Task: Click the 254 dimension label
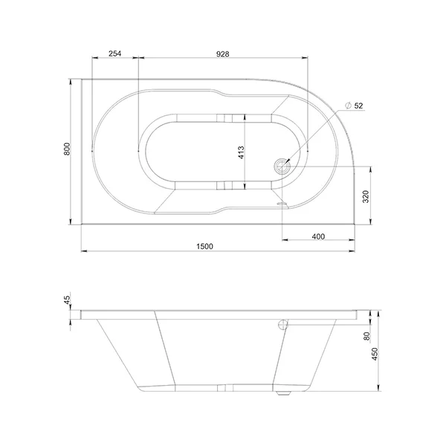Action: click(x=115, y=54)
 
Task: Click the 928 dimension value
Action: click(x=222, y=54)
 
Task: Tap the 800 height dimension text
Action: click(x=67, y=149)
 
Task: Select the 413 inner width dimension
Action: click(x=241, y=152)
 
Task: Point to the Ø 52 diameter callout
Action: click(x=354, y=106)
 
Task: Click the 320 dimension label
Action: click(x=366, y=196)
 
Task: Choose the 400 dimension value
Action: click(x=318, y=236)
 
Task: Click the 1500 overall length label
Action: click(x=204, y=246)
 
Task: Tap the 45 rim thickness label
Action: click(x=67, y=300)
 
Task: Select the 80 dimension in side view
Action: click(x=367, y=336)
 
